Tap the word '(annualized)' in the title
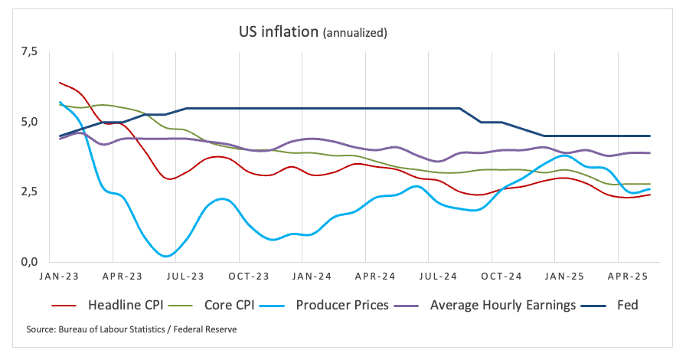coord(355,34)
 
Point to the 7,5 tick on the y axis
coord(28,52)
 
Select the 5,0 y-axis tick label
coord(28,122)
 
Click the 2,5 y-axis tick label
coord(28,191)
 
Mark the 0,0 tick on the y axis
coord(28,262)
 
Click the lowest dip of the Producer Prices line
coord(167,256)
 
